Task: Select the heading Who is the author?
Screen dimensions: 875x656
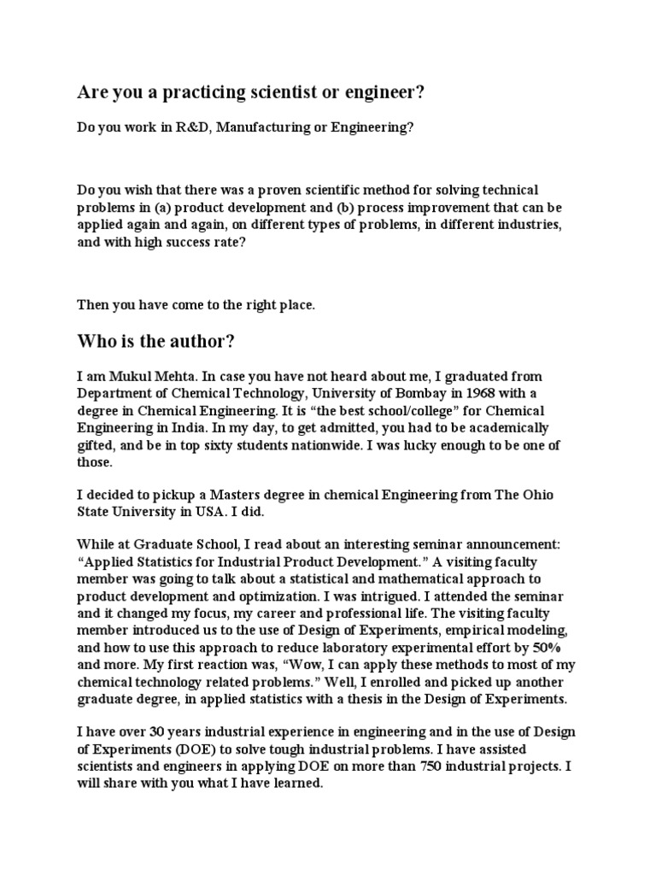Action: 155,342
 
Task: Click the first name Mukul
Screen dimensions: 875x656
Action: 122,376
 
